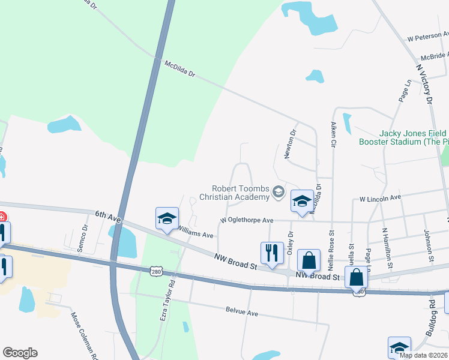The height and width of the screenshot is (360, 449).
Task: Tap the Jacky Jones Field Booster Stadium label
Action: pos(403,137)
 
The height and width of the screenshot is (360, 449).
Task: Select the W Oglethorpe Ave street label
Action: pos(247,220)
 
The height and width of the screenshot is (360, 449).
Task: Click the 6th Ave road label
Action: pos(108,216)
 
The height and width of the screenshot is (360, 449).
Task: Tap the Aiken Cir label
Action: pos(333,134)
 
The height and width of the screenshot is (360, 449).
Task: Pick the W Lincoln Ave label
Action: pos(379,198)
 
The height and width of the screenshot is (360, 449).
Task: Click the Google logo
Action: pos(20,353)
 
